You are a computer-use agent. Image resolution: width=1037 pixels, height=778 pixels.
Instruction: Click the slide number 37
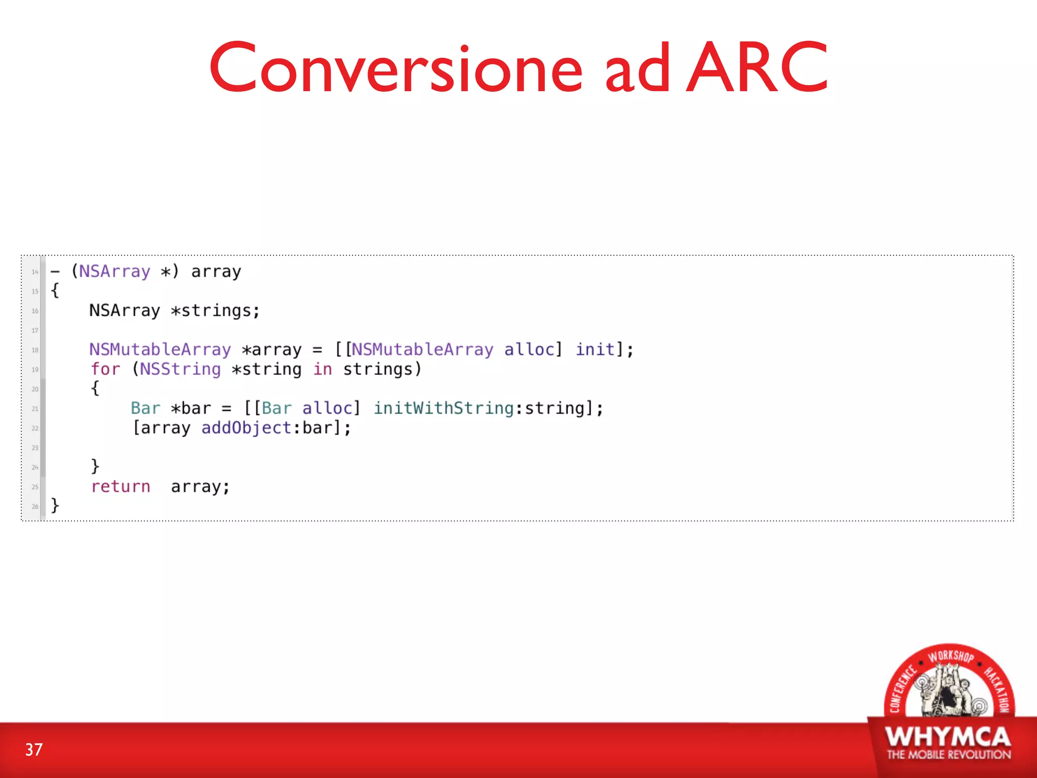34,750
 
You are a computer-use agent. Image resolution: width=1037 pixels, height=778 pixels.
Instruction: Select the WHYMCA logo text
948,737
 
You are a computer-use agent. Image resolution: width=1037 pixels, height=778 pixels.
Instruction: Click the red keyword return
121,487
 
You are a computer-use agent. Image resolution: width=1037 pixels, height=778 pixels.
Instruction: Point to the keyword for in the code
106,369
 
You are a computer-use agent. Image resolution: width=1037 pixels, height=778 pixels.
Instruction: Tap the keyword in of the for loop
322,369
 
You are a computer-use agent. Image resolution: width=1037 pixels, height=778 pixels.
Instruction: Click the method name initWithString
444,408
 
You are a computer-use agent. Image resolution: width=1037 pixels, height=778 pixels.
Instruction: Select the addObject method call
246,428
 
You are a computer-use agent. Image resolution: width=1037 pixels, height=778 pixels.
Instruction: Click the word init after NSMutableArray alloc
595,349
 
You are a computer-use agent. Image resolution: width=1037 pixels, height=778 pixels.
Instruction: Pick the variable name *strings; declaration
215,310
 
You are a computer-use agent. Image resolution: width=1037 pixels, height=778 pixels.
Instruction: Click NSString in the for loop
180,369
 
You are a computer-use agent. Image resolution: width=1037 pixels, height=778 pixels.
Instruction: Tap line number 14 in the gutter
34,272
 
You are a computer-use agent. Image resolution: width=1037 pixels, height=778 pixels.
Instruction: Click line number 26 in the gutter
34,507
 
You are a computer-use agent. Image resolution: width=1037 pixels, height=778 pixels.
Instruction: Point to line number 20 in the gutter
34,389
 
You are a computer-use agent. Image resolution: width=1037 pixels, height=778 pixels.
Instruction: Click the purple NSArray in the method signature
114,271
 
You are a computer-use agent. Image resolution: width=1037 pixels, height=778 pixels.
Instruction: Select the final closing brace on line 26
55,505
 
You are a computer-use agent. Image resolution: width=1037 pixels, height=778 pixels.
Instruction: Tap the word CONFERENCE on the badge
902,689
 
